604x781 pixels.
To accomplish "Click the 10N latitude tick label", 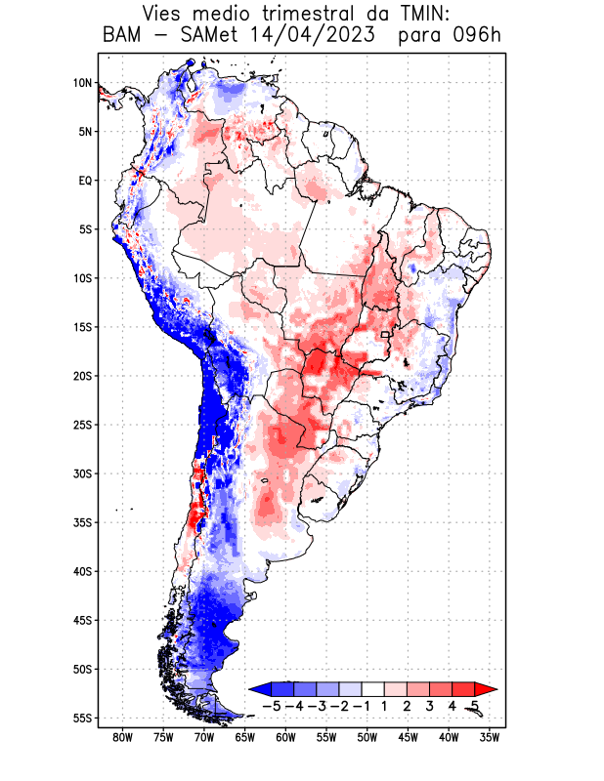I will point(82,83).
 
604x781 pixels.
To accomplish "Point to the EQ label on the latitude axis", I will point(84,181).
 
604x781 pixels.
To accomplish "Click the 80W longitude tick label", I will point(122,737).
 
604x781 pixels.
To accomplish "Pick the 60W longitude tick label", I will point(285,737).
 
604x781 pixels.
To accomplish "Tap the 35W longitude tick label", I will point(490,737).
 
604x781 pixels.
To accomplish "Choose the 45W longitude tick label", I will point(408,737).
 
